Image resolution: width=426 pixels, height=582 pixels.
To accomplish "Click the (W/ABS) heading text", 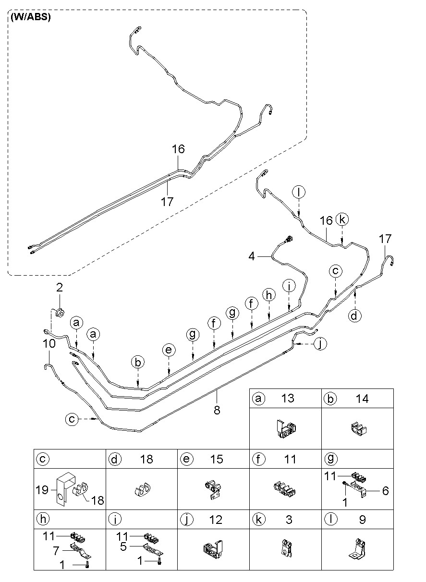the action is [x=31, y=17].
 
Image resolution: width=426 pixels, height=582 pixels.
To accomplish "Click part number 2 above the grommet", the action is [x=60, y=287].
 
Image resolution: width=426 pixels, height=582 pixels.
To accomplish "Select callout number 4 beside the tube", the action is [x=252, y=256].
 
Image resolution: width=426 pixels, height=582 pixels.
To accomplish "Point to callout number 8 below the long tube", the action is [x=217, y=410].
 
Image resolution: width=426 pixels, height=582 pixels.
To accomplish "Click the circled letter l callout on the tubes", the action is [x=299, y=193].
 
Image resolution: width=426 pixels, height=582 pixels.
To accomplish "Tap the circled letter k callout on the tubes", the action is [x=342, y=219].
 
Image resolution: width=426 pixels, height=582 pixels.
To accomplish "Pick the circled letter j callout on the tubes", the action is [x=320, y=343].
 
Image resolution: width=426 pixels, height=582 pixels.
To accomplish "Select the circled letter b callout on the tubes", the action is [x=138, y=362].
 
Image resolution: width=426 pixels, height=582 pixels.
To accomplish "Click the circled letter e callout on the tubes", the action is [x=169, y=350].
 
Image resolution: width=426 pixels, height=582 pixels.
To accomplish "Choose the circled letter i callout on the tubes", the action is [x=289, y=286].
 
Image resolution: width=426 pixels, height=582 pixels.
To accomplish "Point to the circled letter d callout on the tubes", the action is [x=354, y=316].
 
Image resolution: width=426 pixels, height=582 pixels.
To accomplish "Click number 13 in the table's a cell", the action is [x=288, y=398].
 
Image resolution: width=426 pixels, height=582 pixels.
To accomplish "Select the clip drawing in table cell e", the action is [x=213, y=490].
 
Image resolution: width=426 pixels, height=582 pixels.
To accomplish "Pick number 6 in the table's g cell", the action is [x=386, y=491].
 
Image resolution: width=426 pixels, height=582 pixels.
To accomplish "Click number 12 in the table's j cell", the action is [x=216, y=520].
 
